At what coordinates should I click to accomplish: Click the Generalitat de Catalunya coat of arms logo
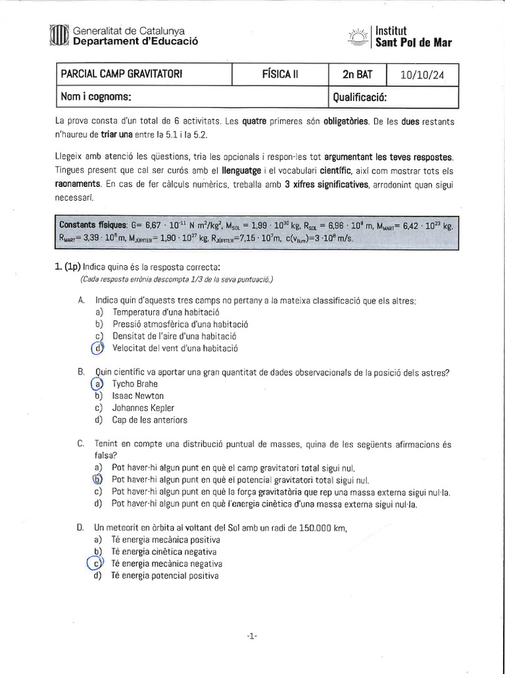click(59, 36)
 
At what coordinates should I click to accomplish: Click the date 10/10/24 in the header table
click(421, 75)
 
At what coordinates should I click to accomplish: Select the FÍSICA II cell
click(279, 75)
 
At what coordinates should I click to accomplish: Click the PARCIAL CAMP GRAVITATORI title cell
click(122, 74)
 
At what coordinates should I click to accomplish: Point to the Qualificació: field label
click(360, 97)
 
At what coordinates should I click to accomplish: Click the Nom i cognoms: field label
click(96, 97)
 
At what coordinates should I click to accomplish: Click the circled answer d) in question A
click(99, 348)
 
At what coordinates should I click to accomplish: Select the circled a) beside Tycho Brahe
click(98, 384)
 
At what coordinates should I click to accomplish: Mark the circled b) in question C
click(98, 480)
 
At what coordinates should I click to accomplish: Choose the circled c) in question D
click(97, 563)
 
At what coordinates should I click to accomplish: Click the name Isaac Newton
click(138, 396)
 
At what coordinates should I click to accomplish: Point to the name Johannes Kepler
click(143, 407)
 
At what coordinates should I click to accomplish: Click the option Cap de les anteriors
click(150, 419)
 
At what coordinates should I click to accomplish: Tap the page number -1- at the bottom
click(252, 635)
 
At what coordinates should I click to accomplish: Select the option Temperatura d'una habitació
click(165, 312)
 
